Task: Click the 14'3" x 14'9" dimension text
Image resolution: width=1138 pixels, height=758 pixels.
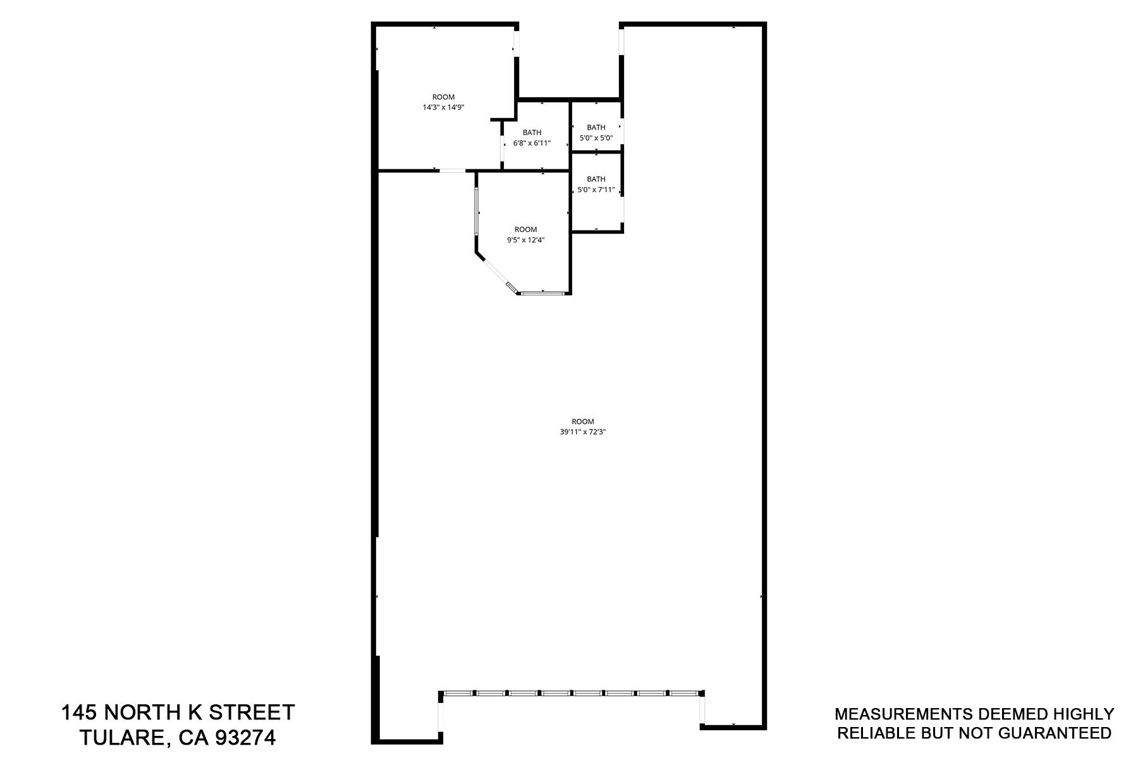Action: click(443, 107)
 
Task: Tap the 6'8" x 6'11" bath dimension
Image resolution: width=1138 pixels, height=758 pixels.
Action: click(532, 143)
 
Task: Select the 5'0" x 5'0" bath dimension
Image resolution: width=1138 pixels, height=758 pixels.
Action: click(596, 138)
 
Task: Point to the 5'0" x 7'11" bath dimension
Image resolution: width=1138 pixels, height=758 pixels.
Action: click(596, 189)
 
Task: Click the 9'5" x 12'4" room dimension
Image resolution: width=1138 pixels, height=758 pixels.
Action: click(525, 240)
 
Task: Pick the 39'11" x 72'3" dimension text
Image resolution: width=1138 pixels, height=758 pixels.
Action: click(583, 432)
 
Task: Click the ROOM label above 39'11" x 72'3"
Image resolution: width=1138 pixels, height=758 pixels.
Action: click(583, 421)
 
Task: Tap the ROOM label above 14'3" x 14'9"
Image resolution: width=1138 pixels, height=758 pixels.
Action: click(443, 97)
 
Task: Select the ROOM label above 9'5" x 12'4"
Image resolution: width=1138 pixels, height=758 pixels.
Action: click(525, 229)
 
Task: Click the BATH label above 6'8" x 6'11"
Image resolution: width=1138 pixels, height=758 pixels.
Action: click(532, 133)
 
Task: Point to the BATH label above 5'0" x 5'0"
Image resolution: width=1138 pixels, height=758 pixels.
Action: click(596, 127)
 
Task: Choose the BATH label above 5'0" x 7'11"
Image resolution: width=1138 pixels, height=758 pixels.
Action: click(596, 179)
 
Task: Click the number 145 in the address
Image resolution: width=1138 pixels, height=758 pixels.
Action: click(79, 713)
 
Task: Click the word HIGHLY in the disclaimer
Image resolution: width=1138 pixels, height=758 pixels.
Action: click(1082, 714)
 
